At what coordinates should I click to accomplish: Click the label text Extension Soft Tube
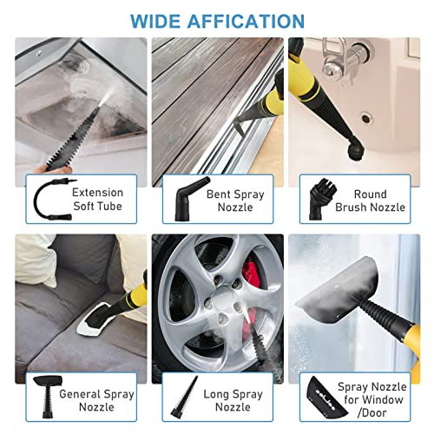click(97, 200)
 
